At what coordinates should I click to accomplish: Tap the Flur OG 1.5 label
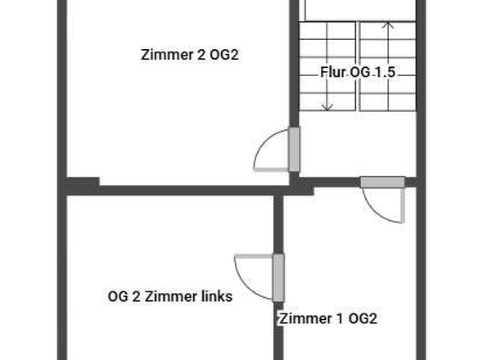coord(358,72)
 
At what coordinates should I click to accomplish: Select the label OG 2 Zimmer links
coord(170,296)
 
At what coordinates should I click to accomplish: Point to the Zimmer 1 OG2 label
coord(328,318)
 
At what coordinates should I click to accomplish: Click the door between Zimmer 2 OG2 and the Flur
coord(294,151)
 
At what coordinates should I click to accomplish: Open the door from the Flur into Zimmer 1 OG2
coord(382,182)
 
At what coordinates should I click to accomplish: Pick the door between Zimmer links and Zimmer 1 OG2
coord(278,277)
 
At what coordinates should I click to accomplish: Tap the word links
coord(216,296)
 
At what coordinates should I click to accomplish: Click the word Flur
coord(332,72)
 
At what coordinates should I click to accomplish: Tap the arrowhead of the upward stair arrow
coord(389,26)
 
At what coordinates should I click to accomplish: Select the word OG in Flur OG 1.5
coord(360,72)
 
